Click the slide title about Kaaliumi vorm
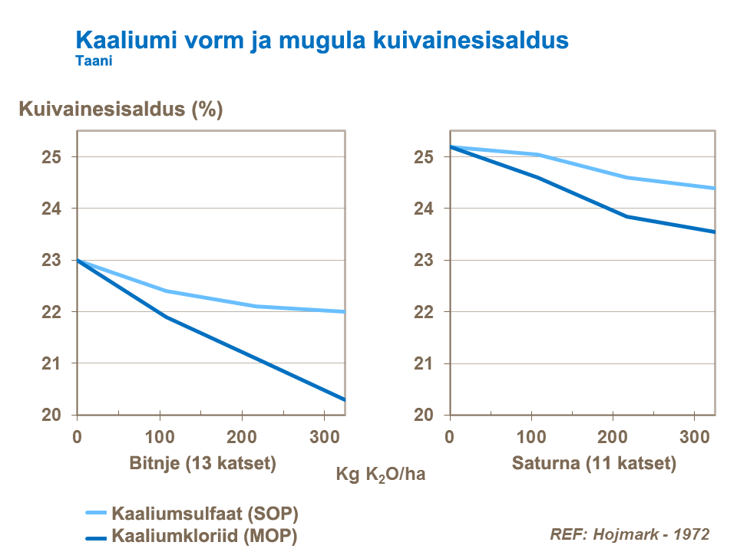[322, 40]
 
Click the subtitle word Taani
[94, 62]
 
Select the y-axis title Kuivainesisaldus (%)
[121, 109]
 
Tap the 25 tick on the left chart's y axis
[51, 157]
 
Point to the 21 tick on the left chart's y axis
[51, 363]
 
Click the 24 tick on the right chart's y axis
[424, 209]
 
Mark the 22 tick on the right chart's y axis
[424, 312]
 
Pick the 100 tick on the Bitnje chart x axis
[160, 437]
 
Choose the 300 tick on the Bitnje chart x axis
[325, 437]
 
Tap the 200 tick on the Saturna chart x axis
[612, 437]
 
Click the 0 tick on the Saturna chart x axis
[450, 437]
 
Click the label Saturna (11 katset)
[593, 463]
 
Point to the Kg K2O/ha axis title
[381, 475]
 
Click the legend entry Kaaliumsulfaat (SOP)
[205, 513]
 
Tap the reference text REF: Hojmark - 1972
[630, 534]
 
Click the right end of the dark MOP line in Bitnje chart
[345, 399]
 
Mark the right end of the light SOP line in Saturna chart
[714, 188]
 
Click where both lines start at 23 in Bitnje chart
[78, 261]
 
